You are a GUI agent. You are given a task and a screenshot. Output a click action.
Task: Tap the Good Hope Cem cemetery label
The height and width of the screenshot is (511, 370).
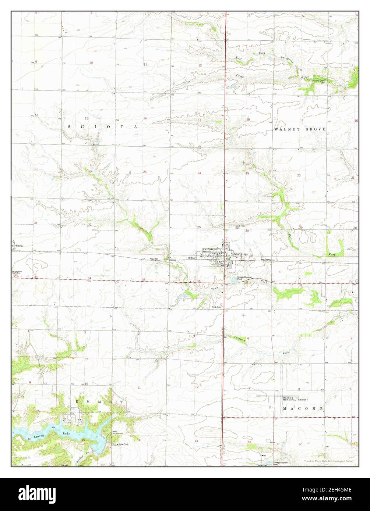240,227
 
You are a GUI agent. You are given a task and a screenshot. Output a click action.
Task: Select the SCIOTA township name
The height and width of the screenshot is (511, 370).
102,126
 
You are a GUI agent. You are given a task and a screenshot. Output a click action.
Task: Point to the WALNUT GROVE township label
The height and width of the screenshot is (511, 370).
300,129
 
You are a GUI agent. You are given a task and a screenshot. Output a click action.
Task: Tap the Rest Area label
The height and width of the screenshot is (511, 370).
216,307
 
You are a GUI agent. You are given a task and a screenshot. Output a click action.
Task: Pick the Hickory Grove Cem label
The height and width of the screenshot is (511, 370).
318,81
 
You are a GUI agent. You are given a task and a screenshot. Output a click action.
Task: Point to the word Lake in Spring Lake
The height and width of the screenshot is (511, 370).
66,434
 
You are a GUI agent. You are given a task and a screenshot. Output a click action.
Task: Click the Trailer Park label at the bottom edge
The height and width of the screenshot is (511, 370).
262,465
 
